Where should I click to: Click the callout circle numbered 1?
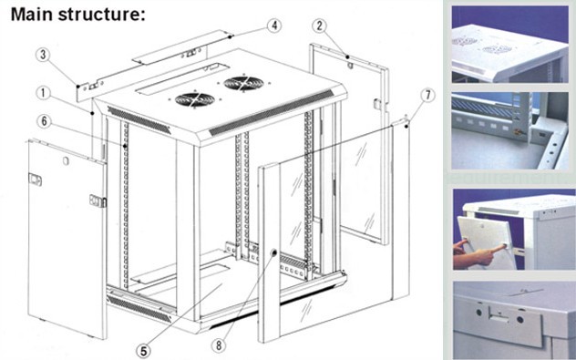coord(44,93)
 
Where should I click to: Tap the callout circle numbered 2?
coord(319,26)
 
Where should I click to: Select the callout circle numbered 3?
coord(43,55)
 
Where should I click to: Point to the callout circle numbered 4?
coord(274,26)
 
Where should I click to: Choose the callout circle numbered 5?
coord(143,351)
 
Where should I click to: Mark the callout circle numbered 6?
coord(44,121)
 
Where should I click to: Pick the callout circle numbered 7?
coord(427,95)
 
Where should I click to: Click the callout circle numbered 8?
coord(219,345)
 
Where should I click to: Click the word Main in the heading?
coord(32,14)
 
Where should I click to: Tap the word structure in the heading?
coord(101,15)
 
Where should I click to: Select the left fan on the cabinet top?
coord(195,99)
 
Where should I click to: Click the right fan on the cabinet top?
coord(243,83)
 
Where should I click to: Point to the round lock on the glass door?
coord(273,252)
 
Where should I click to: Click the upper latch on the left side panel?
coord(35,180)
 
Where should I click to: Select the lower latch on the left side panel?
coord(98,201)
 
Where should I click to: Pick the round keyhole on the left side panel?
coord(66,160)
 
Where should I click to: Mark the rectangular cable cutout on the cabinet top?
coord(182,79)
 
